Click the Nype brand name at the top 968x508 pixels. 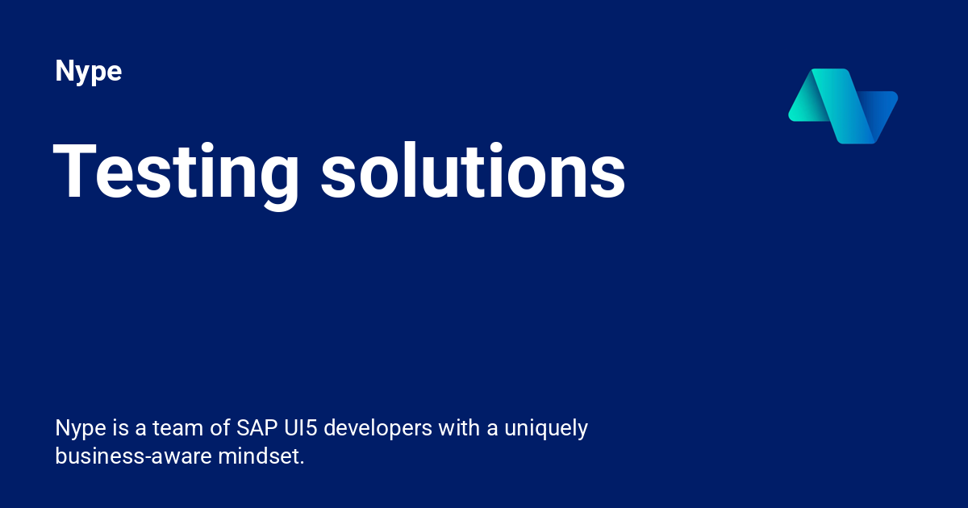[88, 72]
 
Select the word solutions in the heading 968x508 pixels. [473, 170]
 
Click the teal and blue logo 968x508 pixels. [843, 106]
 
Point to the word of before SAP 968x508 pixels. [221, 427]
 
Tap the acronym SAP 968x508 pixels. [257, 427]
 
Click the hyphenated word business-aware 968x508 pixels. [133, 456]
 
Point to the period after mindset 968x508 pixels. [302, 463]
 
